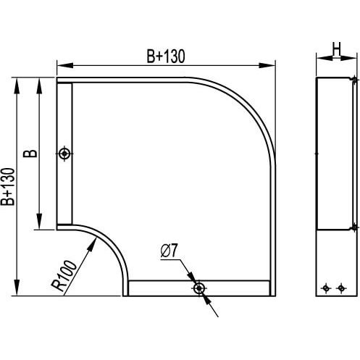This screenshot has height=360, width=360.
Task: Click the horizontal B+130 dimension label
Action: pos(166,56)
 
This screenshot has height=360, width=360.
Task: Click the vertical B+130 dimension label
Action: pos(7,187)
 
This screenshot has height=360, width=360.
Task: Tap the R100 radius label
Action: pos(64,275)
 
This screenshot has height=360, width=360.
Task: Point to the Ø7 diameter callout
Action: pos(169,251)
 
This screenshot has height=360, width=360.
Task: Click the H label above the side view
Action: pos(336,49)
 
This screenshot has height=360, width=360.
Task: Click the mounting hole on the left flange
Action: pos(64,154)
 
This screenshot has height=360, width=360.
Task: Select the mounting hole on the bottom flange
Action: pos(199,288)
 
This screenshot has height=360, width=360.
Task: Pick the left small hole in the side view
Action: pos(326,288)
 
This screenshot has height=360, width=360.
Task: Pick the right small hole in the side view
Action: pos(341,288)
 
